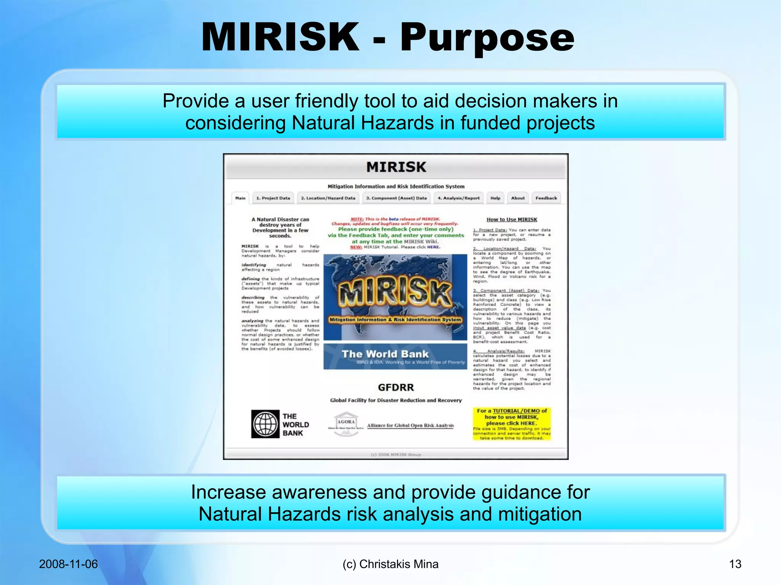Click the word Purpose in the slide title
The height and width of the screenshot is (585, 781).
click(x=487, y=37)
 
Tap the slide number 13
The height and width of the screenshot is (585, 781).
click(x=735, y=564)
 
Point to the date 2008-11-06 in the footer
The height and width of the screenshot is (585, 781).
click(x=68, y=564)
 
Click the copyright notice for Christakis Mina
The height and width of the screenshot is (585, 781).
click(x=390, y=564)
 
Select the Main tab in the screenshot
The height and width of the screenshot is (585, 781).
click(x=240, y=198)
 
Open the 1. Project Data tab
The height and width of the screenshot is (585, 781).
click(x=273, y=198)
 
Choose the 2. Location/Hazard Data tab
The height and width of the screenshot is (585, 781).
click(x=328, y=198)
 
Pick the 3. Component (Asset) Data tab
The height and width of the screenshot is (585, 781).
click(x=396, y=198)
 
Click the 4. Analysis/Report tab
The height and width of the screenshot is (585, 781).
click(x=458, y=198)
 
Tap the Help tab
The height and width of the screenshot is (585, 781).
click(x=495, y=198)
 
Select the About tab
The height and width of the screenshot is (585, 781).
click(x=518, y=198)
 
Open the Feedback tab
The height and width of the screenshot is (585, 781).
click(x=546, y=198)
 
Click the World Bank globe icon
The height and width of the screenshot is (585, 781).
click(x=265, y=424)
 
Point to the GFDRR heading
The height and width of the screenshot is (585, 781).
click(x=396, y=388)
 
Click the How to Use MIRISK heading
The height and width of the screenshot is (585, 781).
click(x=512, y=220)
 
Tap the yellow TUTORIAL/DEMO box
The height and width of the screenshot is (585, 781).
click(x=512, y=424)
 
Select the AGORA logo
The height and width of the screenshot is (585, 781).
click(x=346, y=423)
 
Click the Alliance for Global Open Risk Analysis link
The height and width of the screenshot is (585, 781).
click(x=410, y=426)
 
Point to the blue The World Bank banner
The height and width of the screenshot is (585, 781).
click(x=395, y=357)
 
